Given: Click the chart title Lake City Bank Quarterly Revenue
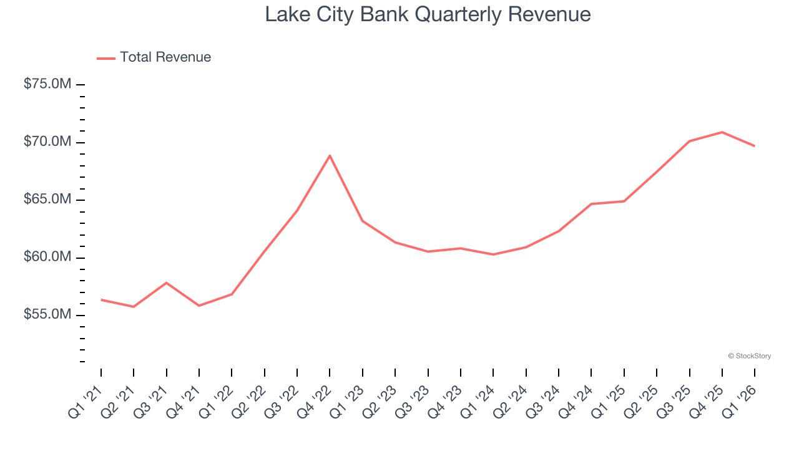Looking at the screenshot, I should coord(428,14).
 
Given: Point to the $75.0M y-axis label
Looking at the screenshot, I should coord(47,84).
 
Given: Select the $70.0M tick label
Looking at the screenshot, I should coord(47,142).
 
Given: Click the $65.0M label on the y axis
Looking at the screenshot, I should coord(47,200).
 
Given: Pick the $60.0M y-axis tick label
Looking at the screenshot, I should coord(47,257).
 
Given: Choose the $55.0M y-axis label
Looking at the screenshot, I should coord(47,315).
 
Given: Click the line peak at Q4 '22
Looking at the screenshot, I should coord(330,155).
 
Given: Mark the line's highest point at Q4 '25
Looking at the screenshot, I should coord(722,132).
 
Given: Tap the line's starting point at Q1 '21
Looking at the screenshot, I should coord(101,300).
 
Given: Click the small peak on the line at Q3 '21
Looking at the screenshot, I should coord(166,282).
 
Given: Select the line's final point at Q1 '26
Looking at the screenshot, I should coord(755,146).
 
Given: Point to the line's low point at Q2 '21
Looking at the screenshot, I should coord(134,307).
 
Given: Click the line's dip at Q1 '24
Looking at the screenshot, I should coord(493,254).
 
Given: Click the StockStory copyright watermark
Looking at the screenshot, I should coord(749,356).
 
